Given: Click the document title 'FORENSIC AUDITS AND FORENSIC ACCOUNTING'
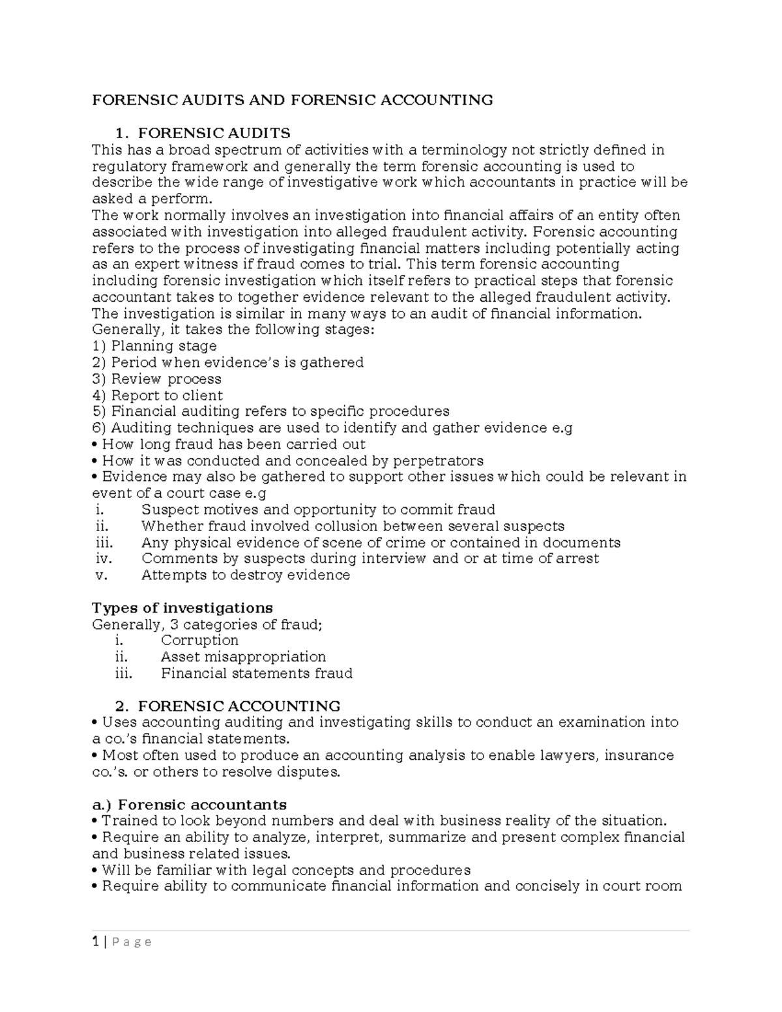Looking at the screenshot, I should coord(292,100).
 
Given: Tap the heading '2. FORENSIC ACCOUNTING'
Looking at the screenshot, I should coord(227,706).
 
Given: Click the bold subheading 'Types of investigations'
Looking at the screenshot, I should coord(182,608).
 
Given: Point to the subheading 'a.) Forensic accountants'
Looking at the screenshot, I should coord(189,804).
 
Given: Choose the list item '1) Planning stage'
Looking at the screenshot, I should coord(154,346).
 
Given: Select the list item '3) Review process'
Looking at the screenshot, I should coord(156,379).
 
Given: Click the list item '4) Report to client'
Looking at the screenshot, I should coord(157,396).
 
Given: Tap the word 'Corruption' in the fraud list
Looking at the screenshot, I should coord(199,641).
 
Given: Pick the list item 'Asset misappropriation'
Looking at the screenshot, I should coord(243,657).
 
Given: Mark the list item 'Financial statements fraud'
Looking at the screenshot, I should coord(256,673).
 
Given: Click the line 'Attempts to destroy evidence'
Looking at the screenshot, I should coord(245,575).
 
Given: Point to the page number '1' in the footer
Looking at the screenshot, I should coord(95,942).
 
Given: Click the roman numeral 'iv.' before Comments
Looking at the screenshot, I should coord(104,558).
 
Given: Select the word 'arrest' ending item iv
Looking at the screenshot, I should coord(577,558).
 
